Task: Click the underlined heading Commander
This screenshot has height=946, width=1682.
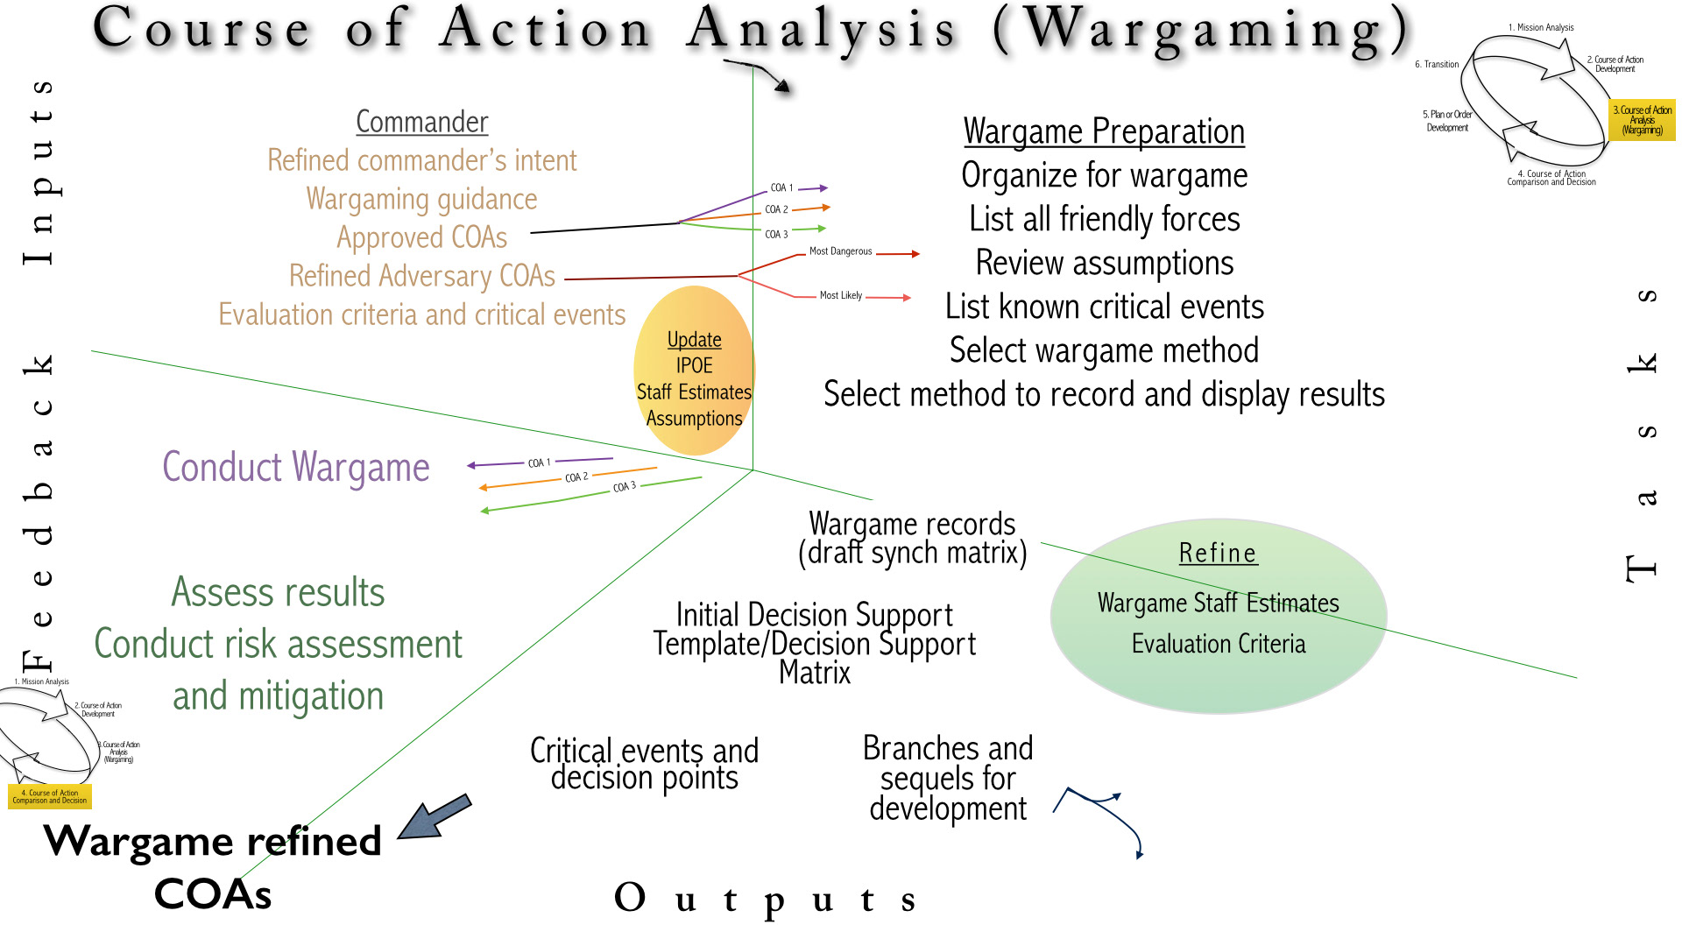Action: pyautogui.click(x=421, y=122)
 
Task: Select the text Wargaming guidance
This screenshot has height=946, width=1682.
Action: pyautogui.click(x=421, y=199)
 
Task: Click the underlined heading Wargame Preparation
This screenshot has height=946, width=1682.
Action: pyautogui.click(x=1104, y=131)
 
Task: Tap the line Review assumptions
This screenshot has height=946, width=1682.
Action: pyautogui.click(x=1104, y=263)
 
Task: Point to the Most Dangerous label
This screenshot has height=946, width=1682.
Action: pyautogui.click(x=840, y=251)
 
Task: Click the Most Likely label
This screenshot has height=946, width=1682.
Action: pyautogui.click(x=840, y=296)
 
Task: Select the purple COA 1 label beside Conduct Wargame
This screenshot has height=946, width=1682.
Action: pyautogui.click(x=539, y=462)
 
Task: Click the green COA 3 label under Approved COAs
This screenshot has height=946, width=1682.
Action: pyautogui.click(x=776, y=235)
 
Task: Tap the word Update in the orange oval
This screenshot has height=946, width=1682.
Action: pyautogui.click(x=694, y=340)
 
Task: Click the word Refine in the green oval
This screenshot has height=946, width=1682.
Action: pyautogui.click(x=1218, y=554)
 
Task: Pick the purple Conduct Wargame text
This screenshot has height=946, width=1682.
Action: pyautogui.click(x=296, y=467)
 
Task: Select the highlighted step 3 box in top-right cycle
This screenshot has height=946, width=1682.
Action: pyautogui.click(x=1643, y=120)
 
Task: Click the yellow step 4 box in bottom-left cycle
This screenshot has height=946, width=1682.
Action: pyautogui.click(x=50, y=796)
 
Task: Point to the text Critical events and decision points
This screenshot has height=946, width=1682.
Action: pyautogui.click(x=644, y=764)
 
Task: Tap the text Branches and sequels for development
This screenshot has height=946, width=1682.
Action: pyautogui.click(x=948, y=778)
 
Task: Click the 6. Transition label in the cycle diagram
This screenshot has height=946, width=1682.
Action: pyautogui.click(x=1437, y=65)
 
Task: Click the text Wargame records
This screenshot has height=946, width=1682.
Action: pyautogui.click(x=912, y=524)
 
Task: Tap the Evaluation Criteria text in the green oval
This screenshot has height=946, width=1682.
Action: pyautogui.click(x=1218, y=644)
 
